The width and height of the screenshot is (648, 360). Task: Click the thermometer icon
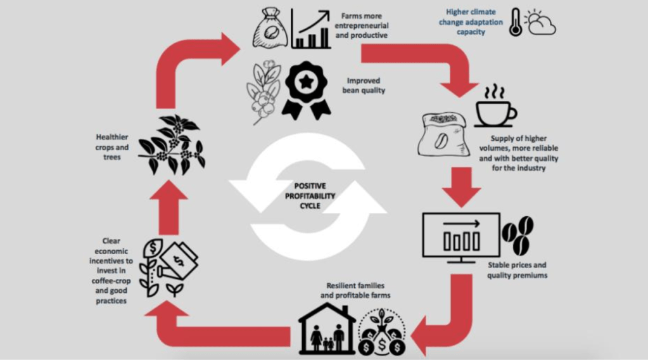click(516, 22)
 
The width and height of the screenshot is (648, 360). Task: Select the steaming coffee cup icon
click(495, 107)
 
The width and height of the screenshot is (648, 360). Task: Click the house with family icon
click(327, 328)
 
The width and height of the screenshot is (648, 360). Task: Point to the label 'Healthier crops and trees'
click(112, 147)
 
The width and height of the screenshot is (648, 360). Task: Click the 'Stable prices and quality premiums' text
click(517, 270)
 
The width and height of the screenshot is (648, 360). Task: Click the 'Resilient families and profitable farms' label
click(356, 290)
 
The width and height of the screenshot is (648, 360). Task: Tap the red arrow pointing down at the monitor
click(461, 186)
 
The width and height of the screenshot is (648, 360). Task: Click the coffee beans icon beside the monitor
click(518, 234)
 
